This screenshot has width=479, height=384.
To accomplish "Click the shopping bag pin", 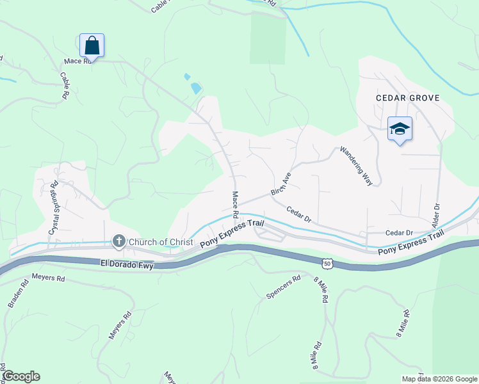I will [x=92, y=45].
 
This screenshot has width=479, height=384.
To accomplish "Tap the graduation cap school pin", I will [x=400, y=129].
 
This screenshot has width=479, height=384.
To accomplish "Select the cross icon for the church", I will [x=118, y=241].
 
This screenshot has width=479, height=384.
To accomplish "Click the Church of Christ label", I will [x=161, y=242].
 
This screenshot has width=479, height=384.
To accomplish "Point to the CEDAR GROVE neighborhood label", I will [x=407, y=98].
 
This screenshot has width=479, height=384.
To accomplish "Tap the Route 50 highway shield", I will [x=327, y=262].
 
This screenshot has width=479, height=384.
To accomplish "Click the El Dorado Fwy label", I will [x=127, y=263].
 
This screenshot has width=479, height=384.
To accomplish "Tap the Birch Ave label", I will [x=280, y=183].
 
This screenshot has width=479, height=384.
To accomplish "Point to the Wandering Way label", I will [x=356, y=166].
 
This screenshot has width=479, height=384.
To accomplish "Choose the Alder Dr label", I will [x=438, y=216].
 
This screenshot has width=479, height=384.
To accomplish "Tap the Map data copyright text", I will [x=439, y=379].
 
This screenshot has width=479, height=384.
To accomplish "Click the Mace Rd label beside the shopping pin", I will [x=76, y=61].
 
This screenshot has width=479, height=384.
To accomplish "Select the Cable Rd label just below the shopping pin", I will [x=64, y=84].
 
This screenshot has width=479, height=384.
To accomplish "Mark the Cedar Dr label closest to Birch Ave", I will [x=298, y=214].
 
